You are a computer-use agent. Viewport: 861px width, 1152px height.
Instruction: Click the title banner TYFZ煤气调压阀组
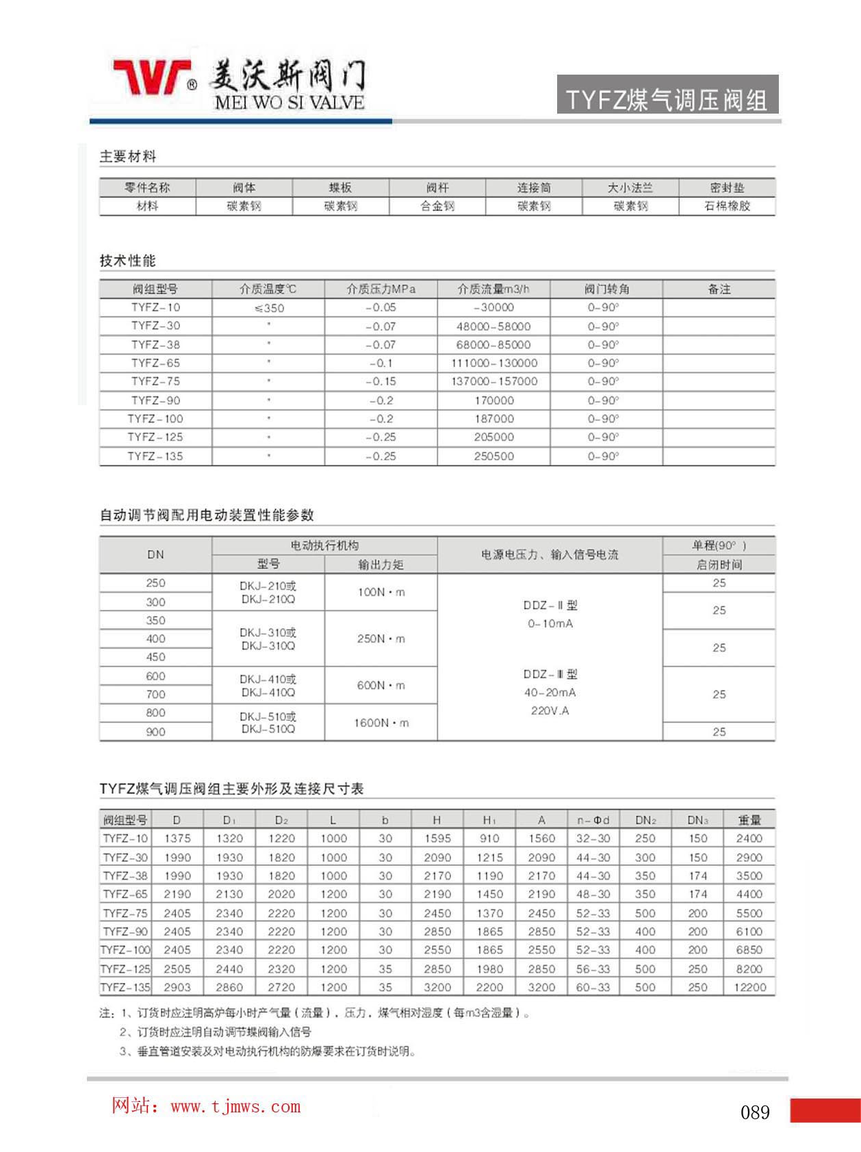pos(667,100)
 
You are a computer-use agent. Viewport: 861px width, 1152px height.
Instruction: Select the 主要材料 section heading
pos(128,157)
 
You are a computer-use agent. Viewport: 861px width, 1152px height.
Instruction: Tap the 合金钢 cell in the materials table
pos(437,206)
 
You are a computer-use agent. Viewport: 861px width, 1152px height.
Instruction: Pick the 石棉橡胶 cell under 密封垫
pos(727,206)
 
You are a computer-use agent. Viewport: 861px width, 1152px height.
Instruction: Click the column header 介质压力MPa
pos(381,289)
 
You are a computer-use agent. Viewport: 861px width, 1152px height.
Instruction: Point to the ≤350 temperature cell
pos(269,308)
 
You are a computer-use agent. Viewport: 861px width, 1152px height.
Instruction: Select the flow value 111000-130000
pos(494,363)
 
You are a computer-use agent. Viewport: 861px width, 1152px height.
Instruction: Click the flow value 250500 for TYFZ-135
pos(494,456)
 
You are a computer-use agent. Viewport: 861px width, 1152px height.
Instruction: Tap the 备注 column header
pos(719,289)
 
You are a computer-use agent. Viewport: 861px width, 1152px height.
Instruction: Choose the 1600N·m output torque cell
pos(381,723)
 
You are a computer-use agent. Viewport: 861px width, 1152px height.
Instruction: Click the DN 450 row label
pos(156,657)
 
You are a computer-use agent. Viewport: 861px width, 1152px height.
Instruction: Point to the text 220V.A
pos(550,711)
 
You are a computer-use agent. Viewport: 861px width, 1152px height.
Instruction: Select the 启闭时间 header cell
pos(719,565)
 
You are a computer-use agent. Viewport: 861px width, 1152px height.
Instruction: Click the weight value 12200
pos(749,987)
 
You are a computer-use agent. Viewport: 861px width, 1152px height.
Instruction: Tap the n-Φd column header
pos(593,820)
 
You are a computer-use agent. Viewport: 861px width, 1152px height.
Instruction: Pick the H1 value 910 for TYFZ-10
pos(489,839)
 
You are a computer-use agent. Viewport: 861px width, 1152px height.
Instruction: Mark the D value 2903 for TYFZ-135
pos(177,987)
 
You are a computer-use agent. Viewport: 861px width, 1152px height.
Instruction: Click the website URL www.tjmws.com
pos(235,1107)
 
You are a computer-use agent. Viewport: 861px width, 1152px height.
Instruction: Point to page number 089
pos(755,1112)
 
